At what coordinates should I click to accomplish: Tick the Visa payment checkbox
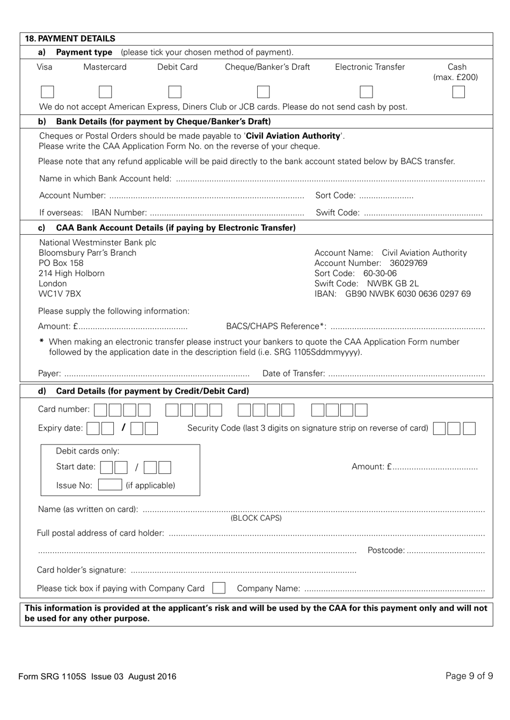pos(47,92)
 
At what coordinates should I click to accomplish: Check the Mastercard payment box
pos(106,92)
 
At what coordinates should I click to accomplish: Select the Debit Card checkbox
pos(174,92)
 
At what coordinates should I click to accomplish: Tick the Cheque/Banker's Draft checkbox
pos(263,92)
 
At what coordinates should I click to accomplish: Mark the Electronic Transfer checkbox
pos(366,92)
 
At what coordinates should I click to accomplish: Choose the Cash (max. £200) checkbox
pos(458,92)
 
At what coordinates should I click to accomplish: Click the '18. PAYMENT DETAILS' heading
pos(70,39)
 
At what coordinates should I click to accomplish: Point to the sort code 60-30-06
pos(380,273)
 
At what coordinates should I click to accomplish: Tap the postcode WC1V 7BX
pos(60,294)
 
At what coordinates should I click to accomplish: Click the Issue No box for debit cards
pos(110,485)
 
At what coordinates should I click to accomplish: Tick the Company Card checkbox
pos(218,588)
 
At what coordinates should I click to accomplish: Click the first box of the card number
pos(100,410)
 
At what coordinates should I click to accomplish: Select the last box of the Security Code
pos(469,428)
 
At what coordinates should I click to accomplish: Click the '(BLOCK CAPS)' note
pos(256,518)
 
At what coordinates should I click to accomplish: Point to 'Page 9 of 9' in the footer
pos(469,676)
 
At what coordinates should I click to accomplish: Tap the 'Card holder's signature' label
pos(81,570)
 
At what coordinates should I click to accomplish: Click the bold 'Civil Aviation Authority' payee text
pos(293,136)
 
